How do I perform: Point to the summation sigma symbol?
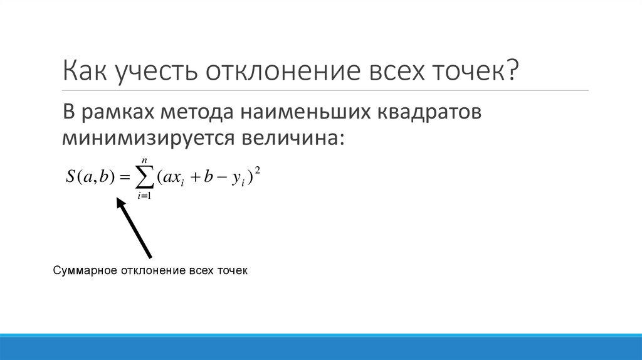[144, 179]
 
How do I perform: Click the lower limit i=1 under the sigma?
[145, 196]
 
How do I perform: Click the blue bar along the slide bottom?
[321, 347]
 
